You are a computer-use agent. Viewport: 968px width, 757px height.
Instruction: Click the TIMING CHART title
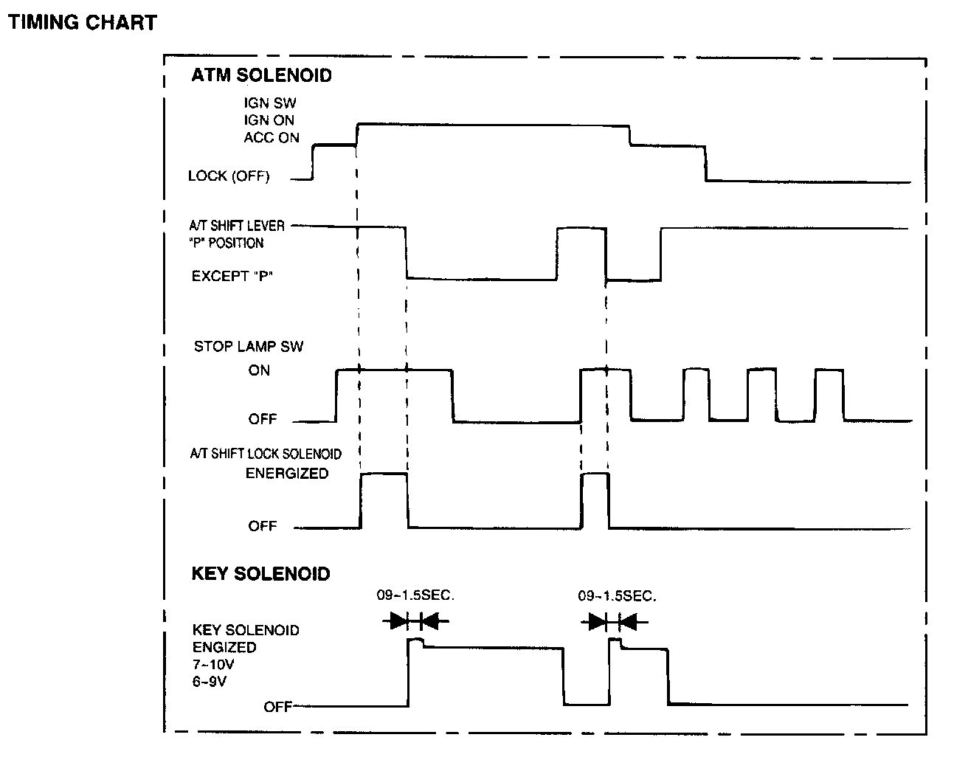click(82, 23)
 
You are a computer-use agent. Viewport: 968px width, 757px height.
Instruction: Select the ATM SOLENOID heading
click(261, 75)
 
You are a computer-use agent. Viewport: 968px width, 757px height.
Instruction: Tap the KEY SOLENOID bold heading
click(260, 574)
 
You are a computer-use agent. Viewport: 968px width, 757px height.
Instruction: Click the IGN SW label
click(270, 104)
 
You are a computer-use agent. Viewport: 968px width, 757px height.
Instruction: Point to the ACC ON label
click(272, 137)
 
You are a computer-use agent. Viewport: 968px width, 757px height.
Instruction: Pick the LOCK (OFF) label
click(229, 176)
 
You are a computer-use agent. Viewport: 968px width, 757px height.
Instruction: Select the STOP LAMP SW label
click(249, 346)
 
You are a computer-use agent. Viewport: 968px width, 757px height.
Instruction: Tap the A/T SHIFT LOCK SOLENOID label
click(266, 454)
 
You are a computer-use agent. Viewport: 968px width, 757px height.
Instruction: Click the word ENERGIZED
click(287, 474)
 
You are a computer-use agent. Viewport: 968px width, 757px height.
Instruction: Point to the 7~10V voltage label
click(214, 664)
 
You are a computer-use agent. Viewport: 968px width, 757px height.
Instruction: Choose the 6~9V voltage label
click(210, 682)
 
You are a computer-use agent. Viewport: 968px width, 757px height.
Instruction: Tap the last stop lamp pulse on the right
click(829, 395)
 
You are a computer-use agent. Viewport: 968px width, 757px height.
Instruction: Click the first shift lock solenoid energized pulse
click(384, 500)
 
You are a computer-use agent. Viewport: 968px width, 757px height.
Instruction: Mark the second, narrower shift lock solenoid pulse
click(595, 500)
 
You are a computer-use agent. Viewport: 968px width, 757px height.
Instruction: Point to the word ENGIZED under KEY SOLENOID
click(224, 647)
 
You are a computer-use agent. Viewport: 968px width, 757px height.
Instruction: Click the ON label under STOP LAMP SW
click(259, 370)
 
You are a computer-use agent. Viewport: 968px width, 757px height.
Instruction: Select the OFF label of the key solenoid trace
click(277, 707)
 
